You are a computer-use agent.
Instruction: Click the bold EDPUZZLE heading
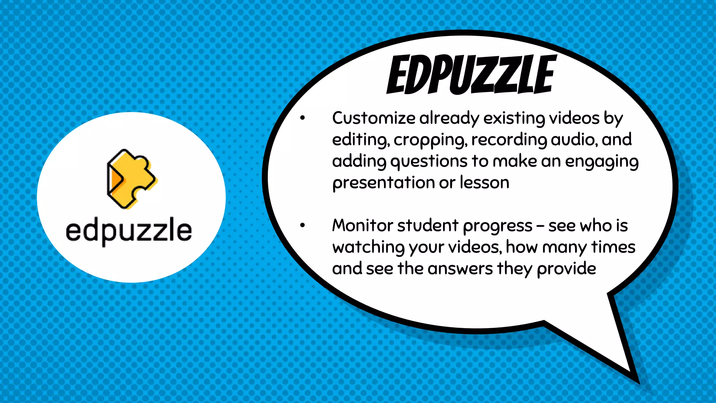coord(471,75)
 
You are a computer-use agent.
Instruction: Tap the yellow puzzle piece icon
coord(132,179)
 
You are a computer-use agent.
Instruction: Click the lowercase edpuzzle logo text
coord(129,231)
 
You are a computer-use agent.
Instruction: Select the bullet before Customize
coord(302,118)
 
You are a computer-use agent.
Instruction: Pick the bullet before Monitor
coord(302,226)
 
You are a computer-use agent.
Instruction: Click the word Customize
coord(373,118)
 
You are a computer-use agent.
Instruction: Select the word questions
coord(429,162)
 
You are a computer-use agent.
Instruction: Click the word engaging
coord(602,162)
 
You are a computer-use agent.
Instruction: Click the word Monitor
coord(363,225)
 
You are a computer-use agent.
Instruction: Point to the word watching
coord(368,247)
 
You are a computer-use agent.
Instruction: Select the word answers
coord(460,269)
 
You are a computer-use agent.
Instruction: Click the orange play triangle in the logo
coord(115,179)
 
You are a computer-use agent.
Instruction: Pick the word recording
coord(509,140)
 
